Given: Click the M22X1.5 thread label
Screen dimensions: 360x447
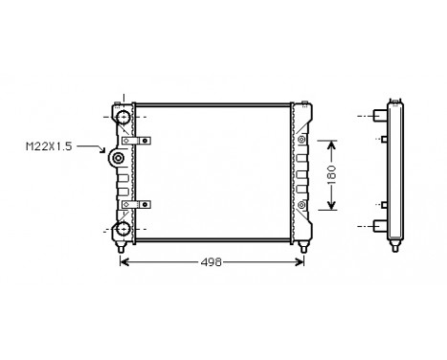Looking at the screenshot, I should [47, 146].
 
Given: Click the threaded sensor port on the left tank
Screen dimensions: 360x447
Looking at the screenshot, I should [118, 159].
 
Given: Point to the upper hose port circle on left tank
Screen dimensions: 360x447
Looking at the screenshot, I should [123, 117].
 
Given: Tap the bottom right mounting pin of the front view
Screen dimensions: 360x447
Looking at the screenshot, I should [303, 250].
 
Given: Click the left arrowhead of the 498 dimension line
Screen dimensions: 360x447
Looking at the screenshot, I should [123, 262].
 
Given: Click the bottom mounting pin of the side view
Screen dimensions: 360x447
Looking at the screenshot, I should [392, 249].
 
